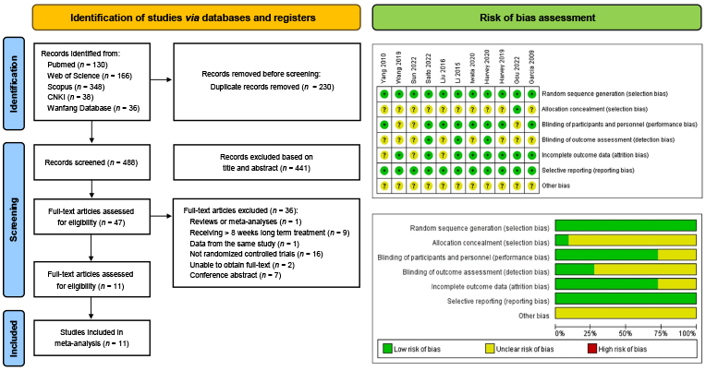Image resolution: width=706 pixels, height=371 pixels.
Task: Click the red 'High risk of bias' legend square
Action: (593, 349)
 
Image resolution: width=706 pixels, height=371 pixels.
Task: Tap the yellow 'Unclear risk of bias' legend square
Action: (492, 349)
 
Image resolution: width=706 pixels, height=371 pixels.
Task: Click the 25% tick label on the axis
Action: (592, 331)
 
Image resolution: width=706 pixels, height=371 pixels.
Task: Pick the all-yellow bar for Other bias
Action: (626, 315)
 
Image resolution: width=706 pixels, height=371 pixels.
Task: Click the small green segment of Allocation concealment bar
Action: (562, 240)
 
